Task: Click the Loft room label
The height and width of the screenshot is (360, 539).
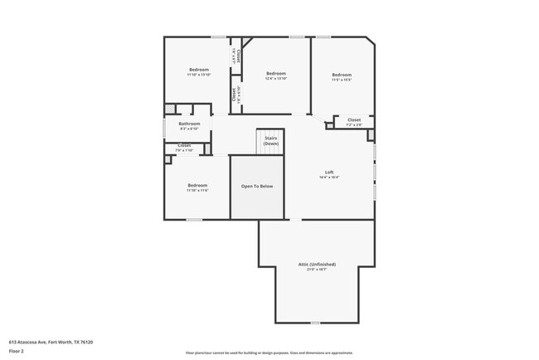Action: pyautogui.click(x=329, y=172)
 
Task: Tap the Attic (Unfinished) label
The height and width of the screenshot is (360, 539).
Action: pyautogui.click(x=317, y=264)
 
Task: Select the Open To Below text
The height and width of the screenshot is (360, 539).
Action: pyautogui.click(x=257, y=187)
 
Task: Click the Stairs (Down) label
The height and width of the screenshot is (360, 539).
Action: pyautogui.click(x=270, y=141)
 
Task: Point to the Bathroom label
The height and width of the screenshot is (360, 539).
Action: pyautogui.click(x=189, y=124)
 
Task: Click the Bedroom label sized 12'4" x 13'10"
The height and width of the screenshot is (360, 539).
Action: pyautogui.click(x=276, y=74)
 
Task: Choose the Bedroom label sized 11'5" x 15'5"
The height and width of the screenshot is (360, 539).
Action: pyautogui.click(x=342, y=74)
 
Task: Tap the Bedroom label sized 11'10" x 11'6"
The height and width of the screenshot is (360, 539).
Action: pyautogui.click(x=197, y=185)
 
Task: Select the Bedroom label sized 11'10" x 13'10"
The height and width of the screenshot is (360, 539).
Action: pyautogui.click(x=198, y=69)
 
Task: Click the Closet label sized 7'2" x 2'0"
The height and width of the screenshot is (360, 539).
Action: pyautogui.click(x=354, y=119)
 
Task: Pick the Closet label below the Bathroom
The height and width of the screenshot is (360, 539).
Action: pyautogui.click(x=184, y=145)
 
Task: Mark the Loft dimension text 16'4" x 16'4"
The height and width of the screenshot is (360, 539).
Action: pyautogui.click(x=329, y=178)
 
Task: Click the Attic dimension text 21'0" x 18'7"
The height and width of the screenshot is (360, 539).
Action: pyautogui.click(x=317, y=270)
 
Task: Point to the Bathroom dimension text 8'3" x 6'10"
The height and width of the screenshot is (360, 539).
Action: pyautogui.click(x=189, y=129)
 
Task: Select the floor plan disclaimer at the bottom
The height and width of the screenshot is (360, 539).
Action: pyautogui.click(x=269, y=353)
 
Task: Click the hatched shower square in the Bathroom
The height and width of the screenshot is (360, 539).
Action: pyautogui.click(x=169, y=109)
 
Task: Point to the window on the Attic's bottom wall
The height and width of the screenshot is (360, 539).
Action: pyautogui.click(x=314, y=323)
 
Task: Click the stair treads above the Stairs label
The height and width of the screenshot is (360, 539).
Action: pyautogui.click(x=270, y=133)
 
